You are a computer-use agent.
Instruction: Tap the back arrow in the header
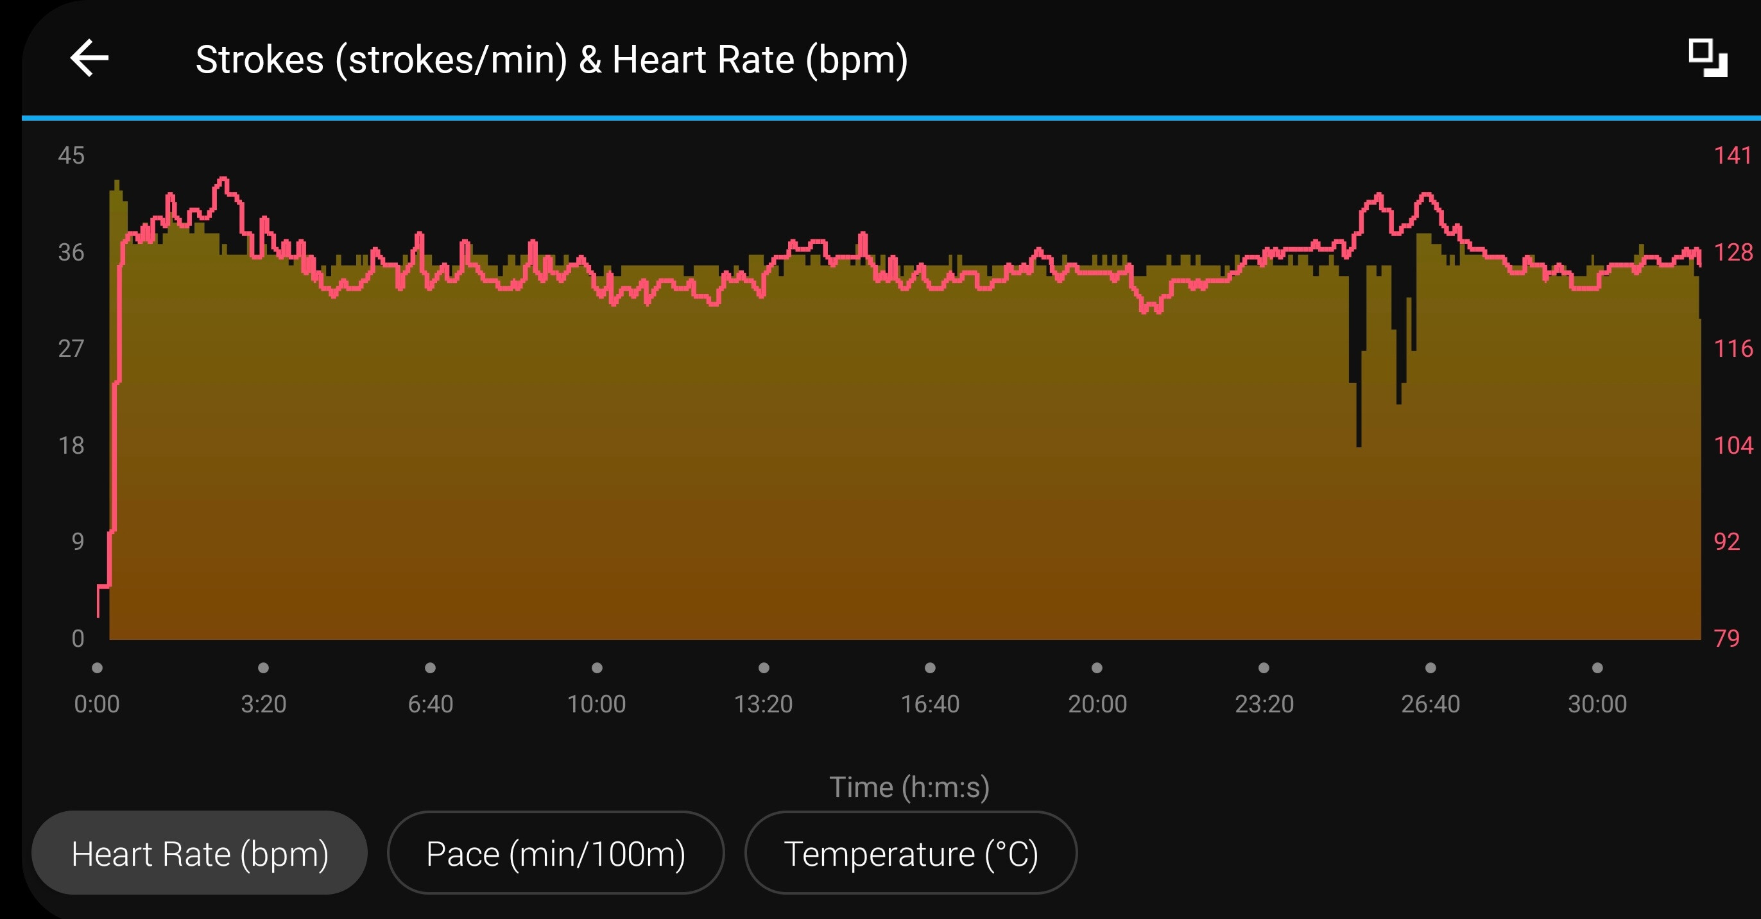click(x=90, y=58)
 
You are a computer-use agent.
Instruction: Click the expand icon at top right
click(x=1707, y=59)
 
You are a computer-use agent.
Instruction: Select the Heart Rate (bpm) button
click(x=200, y=854)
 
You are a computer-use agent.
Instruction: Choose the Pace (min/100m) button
click(x=555, y=854)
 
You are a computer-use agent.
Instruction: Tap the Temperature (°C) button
click(x=911, y=854)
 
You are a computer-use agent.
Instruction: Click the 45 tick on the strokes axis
click(x=71, y=156)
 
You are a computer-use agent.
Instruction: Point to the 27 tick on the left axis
click(x=71, y=348)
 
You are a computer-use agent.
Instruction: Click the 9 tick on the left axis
click(x=77, y=542)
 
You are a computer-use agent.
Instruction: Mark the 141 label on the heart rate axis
click(x=1731, y=156)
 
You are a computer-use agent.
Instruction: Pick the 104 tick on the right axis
click(x=1732, y=446)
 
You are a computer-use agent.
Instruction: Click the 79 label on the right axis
click(x=1726, y=639)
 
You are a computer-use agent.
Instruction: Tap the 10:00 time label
click(x=596, y=704)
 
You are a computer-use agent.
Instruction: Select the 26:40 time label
click(x=1430, y=704)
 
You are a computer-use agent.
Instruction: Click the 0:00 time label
click(x=96, y=704)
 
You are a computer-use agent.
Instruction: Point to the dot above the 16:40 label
click(x=930, y=667)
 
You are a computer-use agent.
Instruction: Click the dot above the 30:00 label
click(x=1597, y=667)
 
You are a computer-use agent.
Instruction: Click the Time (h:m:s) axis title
click(x=909, y=787)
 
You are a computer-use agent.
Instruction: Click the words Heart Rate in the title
click(x=703, y=60)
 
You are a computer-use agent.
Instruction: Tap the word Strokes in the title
click(x=259, y=60)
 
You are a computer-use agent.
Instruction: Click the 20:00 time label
click(x=1097, y=704)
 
